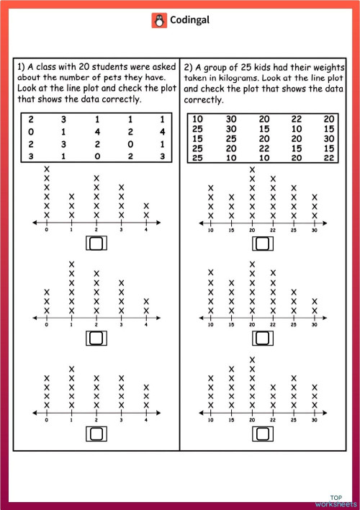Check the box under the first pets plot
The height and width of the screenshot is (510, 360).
[x=95, y=243]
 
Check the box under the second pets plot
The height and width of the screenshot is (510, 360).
[x=95, y=336]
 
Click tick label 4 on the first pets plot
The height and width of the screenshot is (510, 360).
[x=146, y=231]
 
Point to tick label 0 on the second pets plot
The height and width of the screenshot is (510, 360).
[x=47, y=325]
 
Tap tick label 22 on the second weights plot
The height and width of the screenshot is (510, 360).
[x=273, y=325]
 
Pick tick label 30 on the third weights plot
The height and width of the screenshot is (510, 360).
[x=315, y=421]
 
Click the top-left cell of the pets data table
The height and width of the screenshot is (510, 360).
[x=30, y=120]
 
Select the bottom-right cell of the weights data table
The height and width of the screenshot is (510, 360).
[x=329, y=158]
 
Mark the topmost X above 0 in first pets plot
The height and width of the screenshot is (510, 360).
[x=47, y=169]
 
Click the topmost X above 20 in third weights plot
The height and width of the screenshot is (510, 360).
[x=252, y=359]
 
